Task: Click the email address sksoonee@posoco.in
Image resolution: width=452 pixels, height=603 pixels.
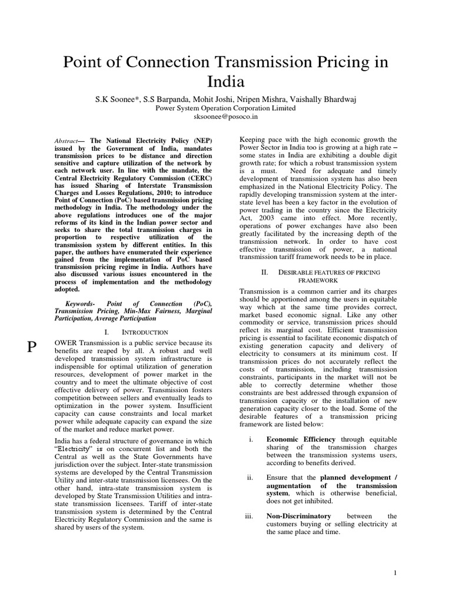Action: click(226, 117)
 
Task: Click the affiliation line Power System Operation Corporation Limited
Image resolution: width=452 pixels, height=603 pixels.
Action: click(226, 108)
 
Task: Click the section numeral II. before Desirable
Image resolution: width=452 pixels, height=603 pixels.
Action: click(265, 272)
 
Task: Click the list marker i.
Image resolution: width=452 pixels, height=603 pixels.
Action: click(250, 439)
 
